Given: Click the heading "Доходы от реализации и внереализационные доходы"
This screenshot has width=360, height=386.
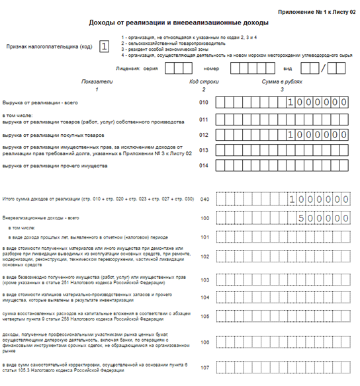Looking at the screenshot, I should pyautogui.click(x=174, y=22).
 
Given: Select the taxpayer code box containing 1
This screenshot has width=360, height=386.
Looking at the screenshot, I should pyautogui.click(x=104, y=47).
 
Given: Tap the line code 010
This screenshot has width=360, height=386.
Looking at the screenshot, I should pyautogui.click(x=204, y=102).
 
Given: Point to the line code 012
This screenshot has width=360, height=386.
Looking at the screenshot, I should pyautogui.click(x=204, y=134).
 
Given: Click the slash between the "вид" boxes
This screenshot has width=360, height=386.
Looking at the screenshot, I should pyautogui.click(x=322, y=68).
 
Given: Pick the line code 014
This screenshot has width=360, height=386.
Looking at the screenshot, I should pyautogui.click(x=204, y=166).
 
